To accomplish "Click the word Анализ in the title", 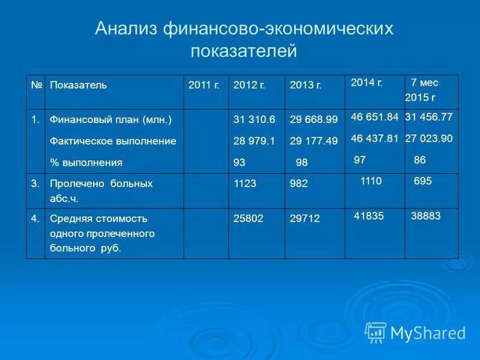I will click(125, 29).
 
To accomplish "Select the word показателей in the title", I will click(244, 51).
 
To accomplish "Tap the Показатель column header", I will click(78, 85).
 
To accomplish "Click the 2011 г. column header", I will click(203, 85).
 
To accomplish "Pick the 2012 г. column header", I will click(249, 85).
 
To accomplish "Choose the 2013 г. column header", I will click(305, 85).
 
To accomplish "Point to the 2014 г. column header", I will click(367, 82).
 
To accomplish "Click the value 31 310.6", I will click(254, 120).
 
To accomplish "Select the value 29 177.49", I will click(313, 141).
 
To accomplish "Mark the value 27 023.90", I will click(428, 138).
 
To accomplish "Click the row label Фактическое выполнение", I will click(113, 141).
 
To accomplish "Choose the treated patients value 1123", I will click(245, 184).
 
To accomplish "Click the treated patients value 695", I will click(422, 181).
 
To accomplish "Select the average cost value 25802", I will click(248, 219).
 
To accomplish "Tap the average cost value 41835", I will click(369, 216).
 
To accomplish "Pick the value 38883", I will click(425, 216).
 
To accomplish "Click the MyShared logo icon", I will click(376, 332).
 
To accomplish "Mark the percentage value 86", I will click(420, 160).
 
